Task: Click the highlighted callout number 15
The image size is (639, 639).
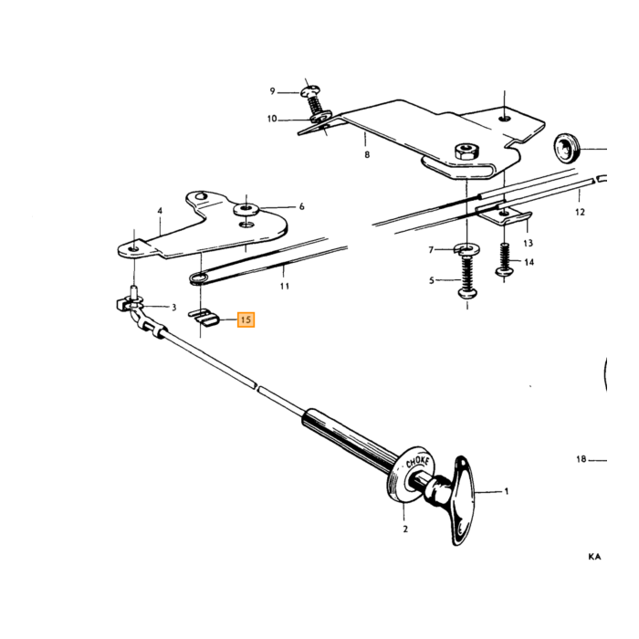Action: click(246, 319)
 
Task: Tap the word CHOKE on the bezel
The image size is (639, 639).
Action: click(418, 463)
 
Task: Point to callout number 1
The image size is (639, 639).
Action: click(507, 491)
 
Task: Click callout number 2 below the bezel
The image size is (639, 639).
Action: click(405, 529)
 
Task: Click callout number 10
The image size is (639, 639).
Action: click(272, 119)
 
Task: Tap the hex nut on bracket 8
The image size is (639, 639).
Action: click(466, 152)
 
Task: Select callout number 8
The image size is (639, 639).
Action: click(367, 155)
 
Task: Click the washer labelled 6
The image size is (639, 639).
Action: click(247, 210)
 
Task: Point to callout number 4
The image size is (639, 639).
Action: click(160, 211)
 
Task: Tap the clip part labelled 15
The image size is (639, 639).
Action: click(204, 317)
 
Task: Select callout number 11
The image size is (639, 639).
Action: click(285, 286)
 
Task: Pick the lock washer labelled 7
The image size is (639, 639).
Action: click(466, 248)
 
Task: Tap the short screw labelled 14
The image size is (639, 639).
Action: click(505, 261)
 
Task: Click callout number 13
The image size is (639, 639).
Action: click(529, 244)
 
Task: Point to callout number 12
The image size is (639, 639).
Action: click(580, 212)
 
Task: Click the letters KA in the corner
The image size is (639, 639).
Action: click(594, 556)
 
